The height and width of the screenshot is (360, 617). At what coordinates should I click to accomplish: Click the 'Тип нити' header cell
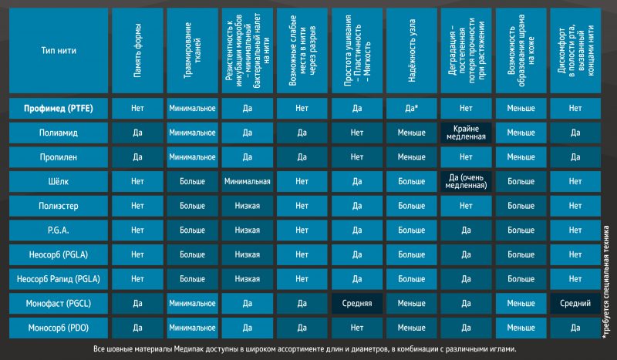pos(59,50)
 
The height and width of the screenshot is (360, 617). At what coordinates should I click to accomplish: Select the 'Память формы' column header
pos(137,50)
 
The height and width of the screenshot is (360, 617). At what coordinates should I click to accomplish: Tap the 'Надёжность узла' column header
pos(412,50)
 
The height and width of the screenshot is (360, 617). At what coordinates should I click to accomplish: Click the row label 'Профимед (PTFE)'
pos(59,108)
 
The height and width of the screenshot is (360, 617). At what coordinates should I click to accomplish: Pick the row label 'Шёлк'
pos(59,181)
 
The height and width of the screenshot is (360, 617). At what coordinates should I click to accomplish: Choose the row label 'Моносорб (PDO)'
pos(59,328)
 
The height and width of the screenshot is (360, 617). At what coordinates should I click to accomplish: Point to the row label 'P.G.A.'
pos(59,230)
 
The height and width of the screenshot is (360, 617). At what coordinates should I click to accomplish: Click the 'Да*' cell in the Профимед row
pos(412,108)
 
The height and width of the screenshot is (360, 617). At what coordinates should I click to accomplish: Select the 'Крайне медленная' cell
pos(467,133)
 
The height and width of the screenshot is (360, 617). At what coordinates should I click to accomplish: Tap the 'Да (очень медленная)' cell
pos(467,181)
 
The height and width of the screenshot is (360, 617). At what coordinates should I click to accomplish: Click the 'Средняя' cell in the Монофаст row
pos(357,304)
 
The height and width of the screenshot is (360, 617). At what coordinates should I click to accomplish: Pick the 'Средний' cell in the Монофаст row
pos(575,304)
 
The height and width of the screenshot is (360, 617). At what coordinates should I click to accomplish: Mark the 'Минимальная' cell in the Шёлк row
pos(247,181)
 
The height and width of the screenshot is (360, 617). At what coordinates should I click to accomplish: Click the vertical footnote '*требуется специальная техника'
pos(605,281)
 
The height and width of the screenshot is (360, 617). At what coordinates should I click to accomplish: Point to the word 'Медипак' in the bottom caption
pos(187,349)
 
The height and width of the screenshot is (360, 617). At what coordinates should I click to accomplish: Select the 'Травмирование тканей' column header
pos(192,50)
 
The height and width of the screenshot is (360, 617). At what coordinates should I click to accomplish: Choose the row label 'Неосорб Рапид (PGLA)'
pos(59,279)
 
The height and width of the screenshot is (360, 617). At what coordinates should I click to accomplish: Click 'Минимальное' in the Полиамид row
pos(192,133)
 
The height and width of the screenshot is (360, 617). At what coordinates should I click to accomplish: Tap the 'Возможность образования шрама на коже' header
pos(521,50)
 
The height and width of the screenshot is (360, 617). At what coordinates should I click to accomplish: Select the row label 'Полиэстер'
pos(59,206)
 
